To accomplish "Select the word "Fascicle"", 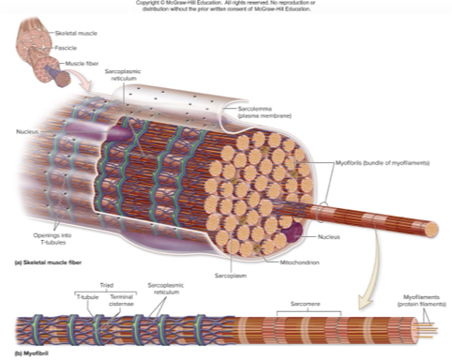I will [68, 48].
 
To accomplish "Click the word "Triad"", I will [105, 284].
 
